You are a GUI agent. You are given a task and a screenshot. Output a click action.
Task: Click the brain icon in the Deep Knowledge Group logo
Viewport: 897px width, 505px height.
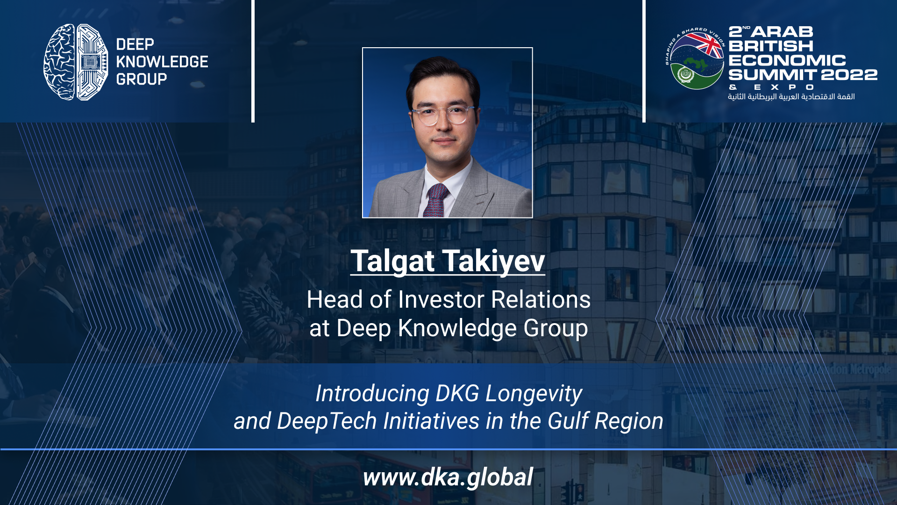click(76, 62)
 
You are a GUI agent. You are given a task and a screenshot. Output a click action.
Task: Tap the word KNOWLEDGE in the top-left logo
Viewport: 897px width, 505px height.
click(162, 62)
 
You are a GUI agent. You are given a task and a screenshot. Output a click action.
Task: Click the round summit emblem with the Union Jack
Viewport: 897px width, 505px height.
click(695, 58)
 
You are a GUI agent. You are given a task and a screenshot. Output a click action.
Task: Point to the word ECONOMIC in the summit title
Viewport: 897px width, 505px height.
click(787, 60)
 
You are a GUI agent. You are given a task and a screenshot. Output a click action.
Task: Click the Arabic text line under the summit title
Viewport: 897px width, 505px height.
click(791, 96)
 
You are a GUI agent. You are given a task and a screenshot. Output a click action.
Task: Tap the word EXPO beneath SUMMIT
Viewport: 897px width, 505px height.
click(784, 87)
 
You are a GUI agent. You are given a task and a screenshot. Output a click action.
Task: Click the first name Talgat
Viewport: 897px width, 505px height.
click(393, 261)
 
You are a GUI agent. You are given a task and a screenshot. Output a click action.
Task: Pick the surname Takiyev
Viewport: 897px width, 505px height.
click(493, 261)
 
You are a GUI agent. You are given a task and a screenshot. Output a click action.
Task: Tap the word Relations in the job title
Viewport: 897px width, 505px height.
click(541, 299)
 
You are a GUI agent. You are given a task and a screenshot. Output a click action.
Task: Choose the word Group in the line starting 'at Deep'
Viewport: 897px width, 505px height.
click(555, 328)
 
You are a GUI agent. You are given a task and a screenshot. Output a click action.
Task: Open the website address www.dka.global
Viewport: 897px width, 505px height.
click(448, 477)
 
